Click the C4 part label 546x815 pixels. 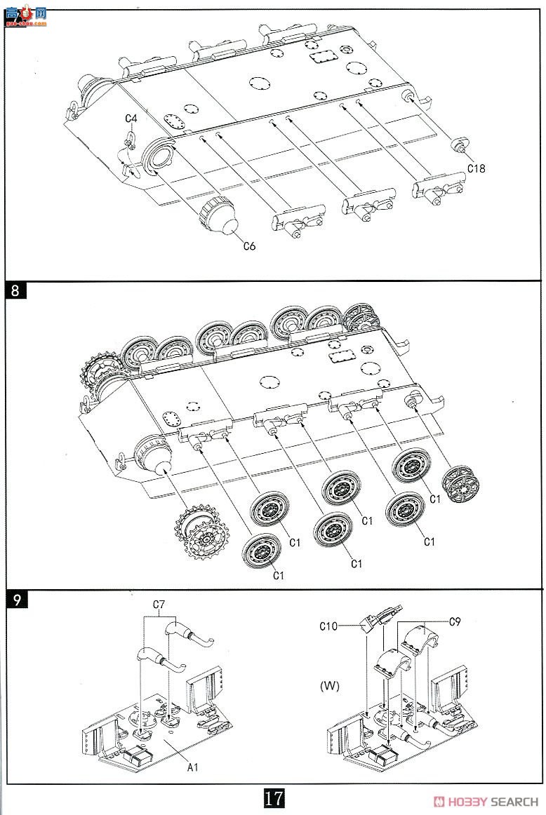(131, 119)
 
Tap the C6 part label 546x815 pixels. (250, 246)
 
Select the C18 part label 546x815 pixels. (477, 168)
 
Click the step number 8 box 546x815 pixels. (15, 290)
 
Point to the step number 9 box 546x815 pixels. (17, 600)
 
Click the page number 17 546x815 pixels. (274, 798)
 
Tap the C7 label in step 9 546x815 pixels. (159, 605)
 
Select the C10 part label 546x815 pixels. (328, 626)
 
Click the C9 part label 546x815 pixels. (455, 621)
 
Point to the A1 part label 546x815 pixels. (193, 767)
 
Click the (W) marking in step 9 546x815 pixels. (330, 686)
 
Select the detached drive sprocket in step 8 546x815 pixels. (200, 532)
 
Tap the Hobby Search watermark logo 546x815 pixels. (486, 802)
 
